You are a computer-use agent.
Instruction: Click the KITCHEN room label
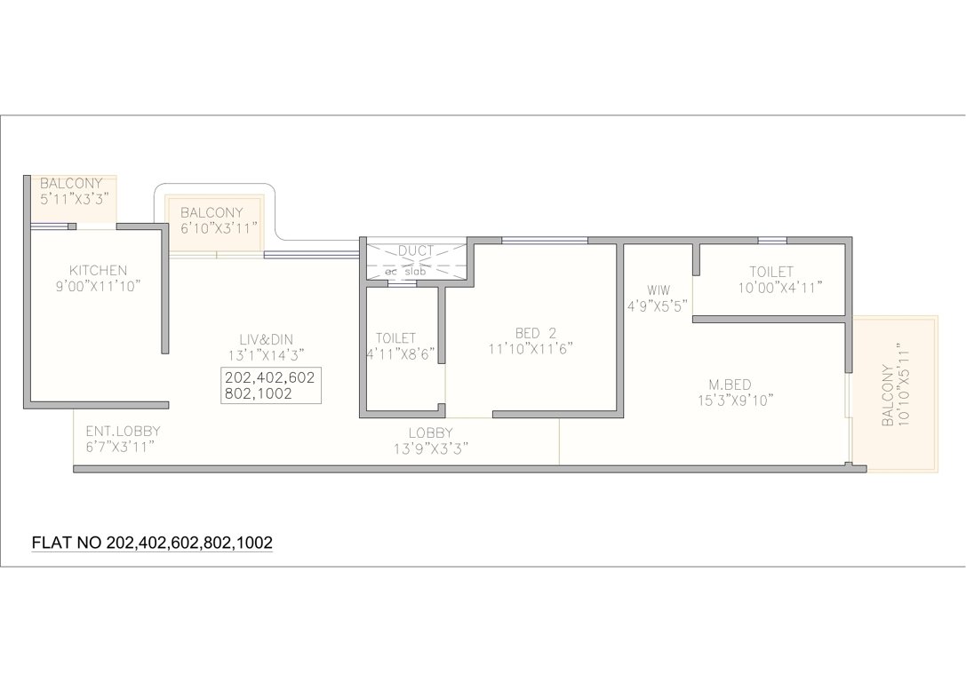pyautogui.click(x=98, y=270)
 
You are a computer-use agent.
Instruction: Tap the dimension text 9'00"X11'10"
pyautogui.click(x=98, y=286)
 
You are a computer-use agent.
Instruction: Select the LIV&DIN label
pyautogui.click(x=266, y=338)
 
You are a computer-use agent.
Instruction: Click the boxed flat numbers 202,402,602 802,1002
pyautogui.click(x=270, y=385)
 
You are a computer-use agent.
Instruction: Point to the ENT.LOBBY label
pyautogui.click(x=123, y=432)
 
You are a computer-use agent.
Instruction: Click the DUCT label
pyautogui.click(x=415, y=251)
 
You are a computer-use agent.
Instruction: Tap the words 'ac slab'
pyautogui.click(x=405, y=272)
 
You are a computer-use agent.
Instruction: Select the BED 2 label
pyautogui.click(x=535, y=333)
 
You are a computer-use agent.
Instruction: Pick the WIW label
pyautogui.click(x=658, y=289)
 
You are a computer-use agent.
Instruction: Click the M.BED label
pyautogui.click(x=730, y=385)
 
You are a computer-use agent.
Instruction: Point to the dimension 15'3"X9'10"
pyautogui.click(x=730, y=400)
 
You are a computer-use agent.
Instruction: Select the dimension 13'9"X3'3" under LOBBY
pyautogui.click(x=431, y=448)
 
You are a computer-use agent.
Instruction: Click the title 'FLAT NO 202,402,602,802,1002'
pyautogui.click(x=152, y=542)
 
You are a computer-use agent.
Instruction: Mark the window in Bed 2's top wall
pyautogui.click(x=544, y=240)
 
